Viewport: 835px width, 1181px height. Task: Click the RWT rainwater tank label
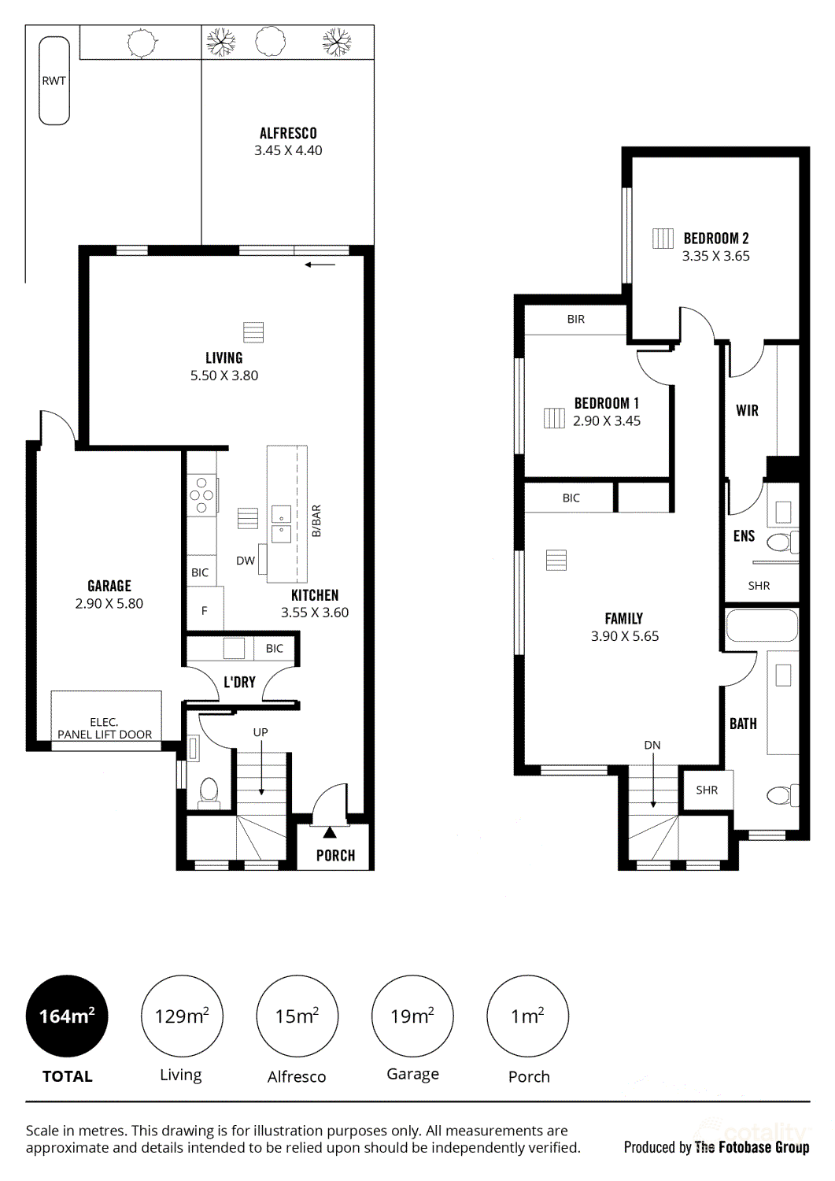pos(54,80)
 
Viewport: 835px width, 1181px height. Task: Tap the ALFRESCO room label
pos(288,133)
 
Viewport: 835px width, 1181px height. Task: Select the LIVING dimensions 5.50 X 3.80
pos(224,376)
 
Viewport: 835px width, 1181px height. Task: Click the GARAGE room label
pos(109,586)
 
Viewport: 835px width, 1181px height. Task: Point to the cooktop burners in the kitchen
pos(201,495)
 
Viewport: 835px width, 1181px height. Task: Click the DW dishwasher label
pos(246,561)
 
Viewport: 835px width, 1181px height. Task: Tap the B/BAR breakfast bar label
pos(316,521)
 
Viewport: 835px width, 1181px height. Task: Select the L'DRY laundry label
pos(239,682)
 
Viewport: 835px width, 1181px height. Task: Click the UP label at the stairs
pos(260,732)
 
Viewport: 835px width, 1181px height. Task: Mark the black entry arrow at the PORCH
pos(330,832)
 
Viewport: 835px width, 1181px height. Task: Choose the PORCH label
pos(335,856)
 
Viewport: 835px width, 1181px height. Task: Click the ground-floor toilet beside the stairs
pos(209,790)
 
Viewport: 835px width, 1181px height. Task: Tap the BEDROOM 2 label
pos(716,238)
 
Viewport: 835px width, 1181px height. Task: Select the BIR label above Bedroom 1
pos(576,319)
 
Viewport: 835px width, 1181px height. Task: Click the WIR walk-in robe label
pos(747,410)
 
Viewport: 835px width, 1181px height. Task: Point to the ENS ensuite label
pos(744,536)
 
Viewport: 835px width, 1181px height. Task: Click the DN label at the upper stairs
pos(652,745)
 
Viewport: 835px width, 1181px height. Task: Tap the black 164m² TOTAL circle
pos(67,1016)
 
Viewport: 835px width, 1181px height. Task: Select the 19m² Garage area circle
pos(412,1016)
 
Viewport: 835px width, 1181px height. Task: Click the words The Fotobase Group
pos(752,1147)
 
